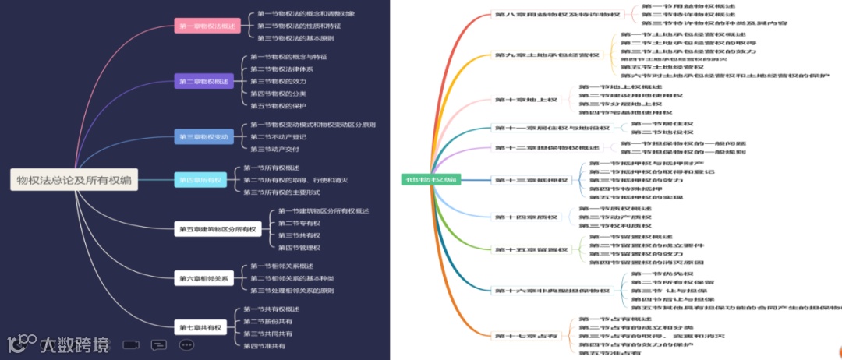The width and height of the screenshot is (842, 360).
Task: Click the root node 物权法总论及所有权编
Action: pyautogui.click(x=74, y=180)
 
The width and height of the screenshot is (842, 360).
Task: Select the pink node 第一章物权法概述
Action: pyautogui.click(x=207, y=26)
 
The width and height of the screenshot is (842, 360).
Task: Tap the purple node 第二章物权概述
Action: pyautogui.click(x=203, y=81)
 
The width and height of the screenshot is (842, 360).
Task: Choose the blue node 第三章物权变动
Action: pyautogui.click(x=203, y=137)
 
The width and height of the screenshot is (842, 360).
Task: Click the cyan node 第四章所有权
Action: pyautogui.click(x=200, y=180)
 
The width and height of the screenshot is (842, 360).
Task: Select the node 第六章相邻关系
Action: pyautogui.click(x=203, y=278)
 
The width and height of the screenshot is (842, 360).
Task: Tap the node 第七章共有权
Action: pyautogui.click(x=200, y=327)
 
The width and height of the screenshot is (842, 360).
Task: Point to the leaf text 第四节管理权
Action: pyautogui.click(x=299, y=248)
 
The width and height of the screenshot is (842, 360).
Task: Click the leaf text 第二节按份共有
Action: pyautogui.click(x=268, y=321)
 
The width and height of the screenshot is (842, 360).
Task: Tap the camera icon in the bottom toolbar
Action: pyautogui.click(x=131, y=344)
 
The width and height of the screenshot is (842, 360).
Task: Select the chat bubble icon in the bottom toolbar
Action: pyautogui.click(x=158, y=344)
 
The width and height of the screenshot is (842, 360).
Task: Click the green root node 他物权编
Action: pyautogui.click(x=430, y=180)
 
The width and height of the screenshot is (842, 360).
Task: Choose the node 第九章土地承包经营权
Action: pyautogui.click(x=547, y=55)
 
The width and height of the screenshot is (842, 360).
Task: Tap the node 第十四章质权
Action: pyautogui.click(x=526, y=217)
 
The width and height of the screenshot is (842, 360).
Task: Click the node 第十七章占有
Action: pyautogui.click(x=526, y=336)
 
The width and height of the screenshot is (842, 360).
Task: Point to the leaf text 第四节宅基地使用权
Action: pyautogui.click(x=620, y=112)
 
